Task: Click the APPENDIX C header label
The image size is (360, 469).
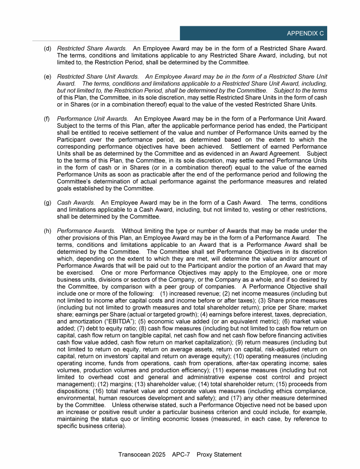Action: [x=305, y=34]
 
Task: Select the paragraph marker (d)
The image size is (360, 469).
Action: [x=48, y=48]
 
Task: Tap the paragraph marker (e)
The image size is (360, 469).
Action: [x=48, y=76]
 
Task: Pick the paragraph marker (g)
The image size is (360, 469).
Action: [x=48, y=202]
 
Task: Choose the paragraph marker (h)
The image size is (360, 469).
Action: [x=48, y=230]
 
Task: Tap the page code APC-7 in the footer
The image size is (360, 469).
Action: [x=181, y=454]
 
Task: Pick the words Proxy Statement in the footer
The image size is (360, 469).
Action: [x=219, y=454]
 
